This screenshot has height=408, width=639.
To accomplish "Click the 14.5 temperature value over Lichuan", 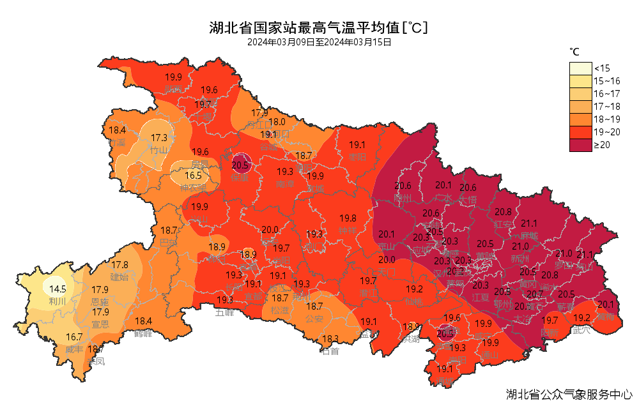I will point(58,289).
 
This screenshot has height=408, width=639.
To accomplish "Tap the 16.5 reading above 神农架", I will point(194,176).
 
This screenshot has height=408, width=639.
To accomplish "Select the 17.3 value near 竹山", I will point(159,137).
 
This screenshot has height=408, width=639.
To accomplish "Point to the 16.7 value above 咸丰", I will point(74,337).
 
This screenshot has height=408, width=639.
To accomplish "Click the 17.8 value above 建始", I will point(120,265).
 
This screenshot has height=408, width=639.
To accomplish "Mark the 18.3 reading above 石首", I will point(330,339).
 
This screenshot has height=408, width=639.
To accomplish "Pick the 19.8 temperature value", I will point(348,218).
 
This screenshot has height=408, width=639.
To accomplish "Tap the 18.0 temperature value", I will point(277,122).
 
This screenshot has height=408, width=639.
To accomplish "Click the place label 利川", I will point(58,301).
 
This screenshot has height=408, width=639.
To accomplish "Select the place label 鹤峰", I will point(143,333).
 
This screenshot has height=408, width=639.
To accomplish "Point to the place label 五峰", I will point(224,312).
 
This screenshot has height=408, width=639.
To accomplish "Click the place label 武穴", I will point(581,330).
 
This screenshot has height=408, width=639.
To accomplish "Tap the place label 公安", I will point(314,318).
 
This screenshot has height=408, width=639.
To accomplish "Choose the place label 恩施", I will point(100,301).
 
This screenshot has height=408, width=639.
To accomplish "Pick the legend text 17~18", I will point(607,107).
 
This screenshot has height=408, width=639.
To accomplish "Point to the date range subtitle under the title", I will point(319,42).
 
